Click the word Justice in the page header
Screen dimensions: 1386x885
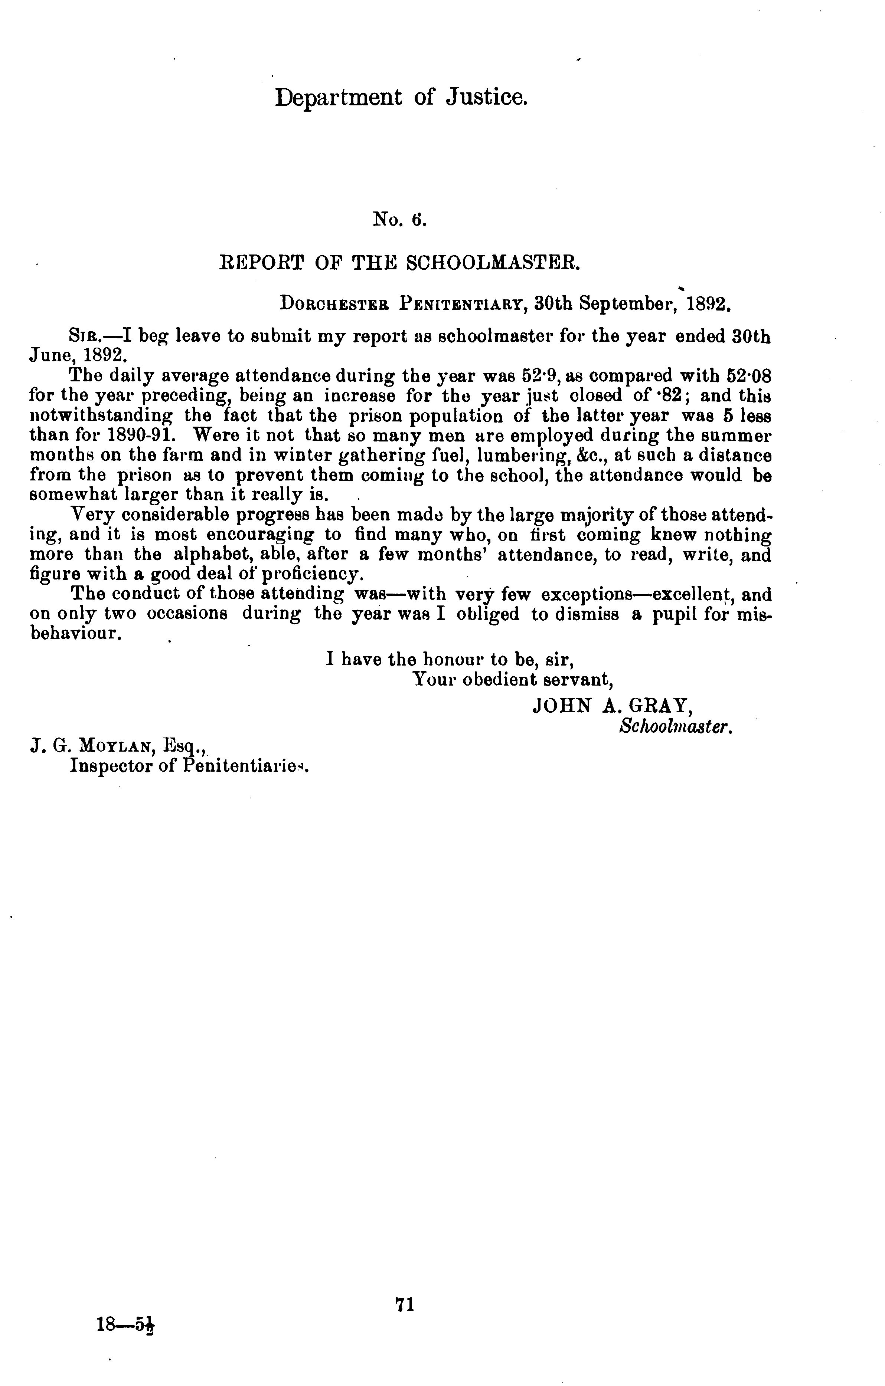[487, 98]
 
